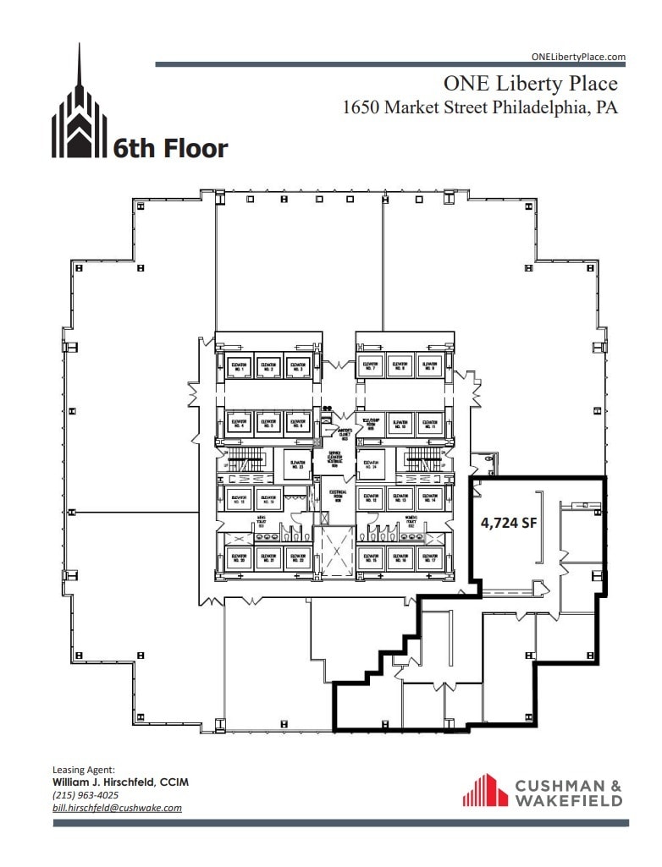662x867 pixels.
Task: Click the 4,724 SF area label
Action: click(x=509, y=523)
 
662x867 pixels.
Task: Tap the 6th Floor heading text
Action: click(x=170, y=149)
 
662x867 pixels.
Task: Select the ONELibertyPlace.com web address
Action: click(x=578, y=57)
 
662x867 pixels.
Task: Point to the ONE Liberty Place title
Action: click(x=531, y=84)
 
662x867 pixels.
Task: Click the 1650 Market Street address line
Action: click(x=479, y=108)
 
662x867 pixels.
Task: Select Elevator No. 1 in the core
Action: click(x=238, y=367)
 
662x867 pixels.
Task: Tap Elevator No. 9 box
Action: click(x=429, y=367)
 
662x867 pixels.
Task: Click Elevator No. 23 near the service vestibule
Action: click(x=297, y=463)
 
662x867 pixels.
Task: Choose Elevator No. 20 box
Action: click(x=238, y=557)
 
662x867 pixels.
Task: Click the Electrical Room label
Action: click(x=337, y=496)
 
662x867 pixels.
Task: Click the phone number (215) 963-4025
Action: click(x=86, y=795)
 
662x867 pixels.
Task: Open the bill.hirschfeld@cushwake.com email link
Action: click(x=117, y=808)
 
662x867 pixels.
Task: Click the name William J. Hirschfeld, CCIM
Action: click(x=120, y=782)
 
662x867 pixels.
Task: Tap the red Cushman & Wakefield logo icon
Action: click(x=484, y=790)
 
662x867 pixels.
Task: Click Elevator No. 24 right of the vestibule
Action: click(x=371, y=463)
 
